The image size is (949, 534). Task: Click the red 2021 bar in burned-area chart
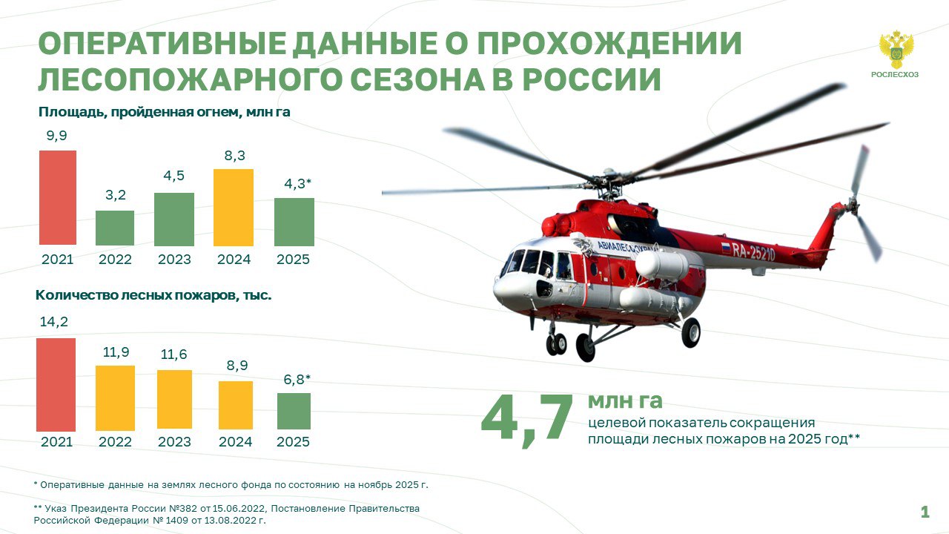tap(58, 197)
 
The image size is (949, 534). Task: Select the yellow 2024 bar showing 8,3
tap(234, 207)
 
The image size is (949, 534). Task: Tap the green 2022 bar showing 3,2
tap(115, 228)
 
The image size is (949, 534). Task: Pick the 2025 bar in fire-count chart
tap(294, 411)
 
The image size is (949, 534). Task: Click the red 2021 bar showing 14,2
tap(56, 384)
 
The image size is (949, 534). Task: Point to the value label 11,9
tap(115, 352)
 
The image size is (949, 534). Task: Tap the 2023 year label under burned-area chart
tap(174, 260)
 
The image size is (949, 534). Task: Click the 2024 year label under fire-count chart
tap(235, 442)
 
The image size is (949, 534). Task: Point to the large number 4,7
tap(527, 420)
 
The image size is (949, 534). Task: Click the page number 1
tap(925, 512)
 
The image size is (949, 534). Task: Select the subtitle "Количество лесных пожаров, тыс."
tap(153, 295)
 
